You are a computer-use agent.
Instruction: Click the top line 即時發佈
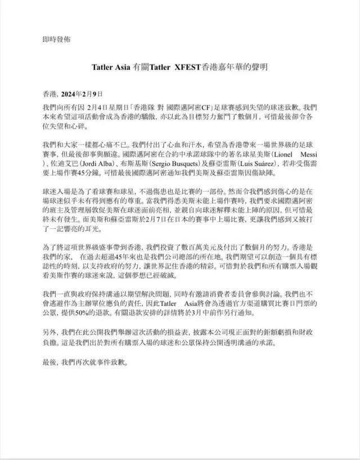point(56,39)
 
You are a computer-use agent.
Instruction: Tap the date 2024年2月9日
point(84,93)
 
